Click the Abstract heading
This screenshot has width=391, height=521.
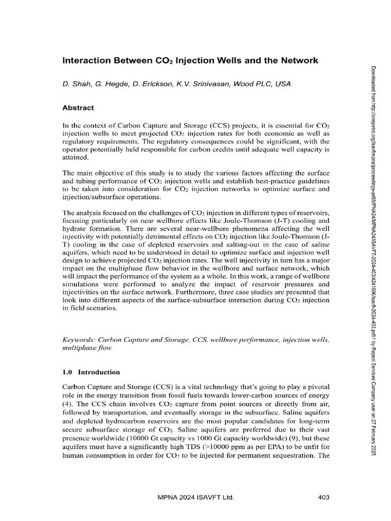[77, 108]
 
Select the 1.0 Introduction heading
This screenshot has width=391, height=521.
[91, 372]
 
